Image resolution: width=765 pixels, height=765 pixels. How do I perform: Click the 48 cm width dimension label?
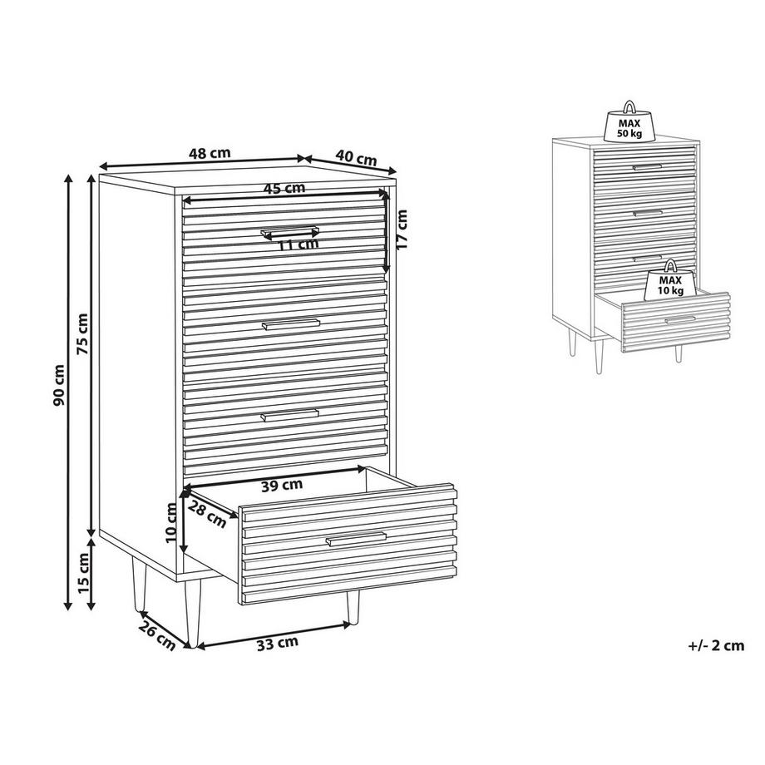point(209,153)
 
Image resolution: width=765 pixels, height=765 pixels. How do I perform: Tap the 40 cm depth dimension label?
point(356,157)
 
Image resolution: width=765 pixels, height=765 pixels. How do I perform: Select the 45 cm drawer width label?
point(284,189)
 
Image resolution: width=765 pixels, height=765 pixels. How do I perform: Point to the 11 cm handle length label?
point(297,244)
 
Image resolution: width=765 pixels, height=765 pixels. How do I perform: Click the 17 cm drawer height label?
point(402,230)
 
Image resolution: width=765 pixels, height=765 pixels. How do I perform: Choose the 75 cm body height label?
point(81,334)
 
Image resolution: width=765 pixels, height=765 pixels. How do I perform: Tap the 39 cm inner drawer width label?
point(281,485)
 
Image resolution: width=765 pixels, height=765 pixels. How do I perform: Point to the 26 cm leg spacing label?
point(155,634)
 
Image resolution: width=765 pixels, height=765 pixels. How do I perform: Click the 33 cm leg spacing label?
point(277,643)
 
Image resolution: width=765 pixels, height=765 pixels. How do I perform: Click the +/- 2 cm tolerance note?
point(716,644)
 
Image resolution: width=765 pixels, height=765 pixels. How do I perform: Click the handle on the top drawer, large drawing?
point(289,229)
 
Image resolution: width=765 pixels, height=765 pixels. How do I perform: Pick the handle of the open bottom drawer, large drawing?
point(356,539)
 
